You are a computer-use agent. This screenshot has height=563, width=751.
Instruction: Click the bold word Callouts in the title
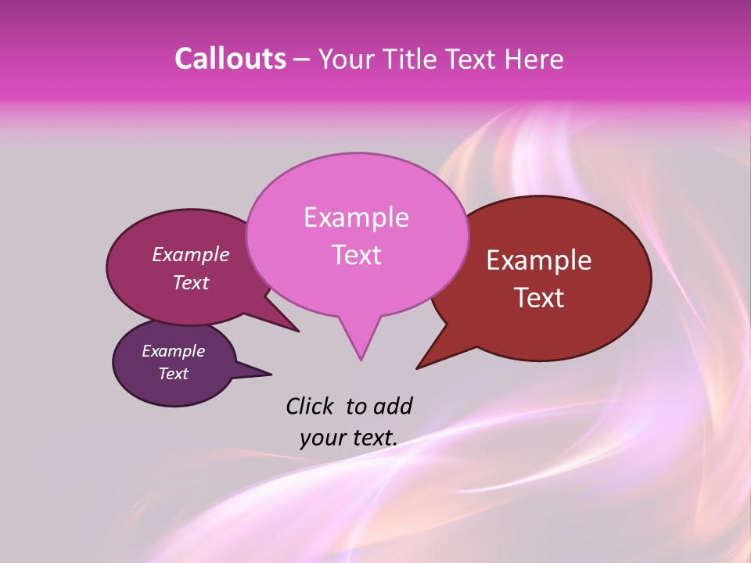pyautogui.click(x=230, y=59)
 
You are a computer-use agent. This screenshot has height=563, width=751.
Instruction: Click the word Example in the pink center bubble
pyautogui.click(x=356, y=217)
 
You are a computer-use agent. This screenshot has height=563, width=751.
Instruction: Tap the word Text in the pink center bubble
pyautogui.click(x=356, y=255)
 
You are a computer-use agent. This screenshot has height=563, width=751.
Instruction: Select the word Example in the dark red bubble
pyautogui.click(x=539, y=260)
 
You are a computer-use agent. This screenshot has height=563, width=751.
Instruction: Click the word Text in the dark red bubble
pyautogui.click(x=539, y=298)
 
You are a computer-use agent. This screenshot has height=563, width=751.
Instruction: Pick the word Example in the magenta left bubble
pyautogui.click(x=191, y=254)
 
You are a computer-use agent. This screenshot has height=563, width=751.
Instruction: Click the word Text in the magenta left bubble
pyautogui.click(x=191, y=282)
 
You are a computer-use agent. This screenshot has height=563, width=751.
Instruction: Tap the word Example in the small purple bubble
pyautogui.click(x=173, y=351)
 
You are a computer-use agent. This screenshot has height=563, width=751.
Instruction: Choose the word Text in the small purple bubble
pyautogui.click(x=173, y=374)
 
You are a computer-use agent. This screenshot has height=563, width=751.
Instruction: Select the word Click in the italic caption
pyautogui.click(x=311, y=406)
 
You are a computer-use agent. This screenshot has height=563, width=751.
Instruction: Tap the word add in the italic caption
pyautogui.click(x=392, y=406)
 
